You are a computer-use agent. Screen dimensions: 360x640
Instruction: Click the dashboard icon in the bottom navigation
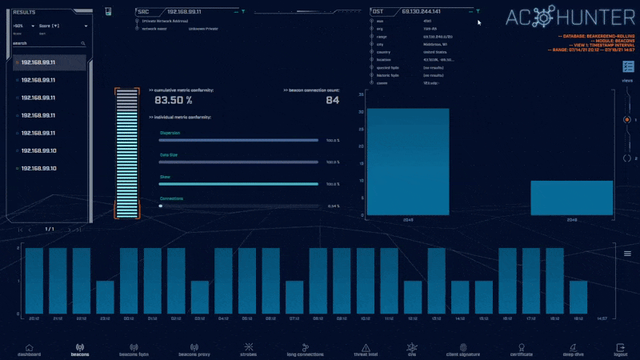click(29, 348)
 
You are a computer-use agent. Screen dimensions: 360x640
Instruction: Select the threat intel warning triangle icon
click(366, 348)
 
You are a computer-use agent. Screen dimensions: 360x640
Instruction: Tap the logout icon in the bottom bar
click(621, 348)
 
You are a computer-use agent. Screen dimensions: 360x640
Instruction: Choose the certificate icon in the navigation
click(521, 348)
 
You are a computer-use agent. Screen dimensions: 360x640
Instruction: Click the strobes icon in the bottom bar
click(249, 348)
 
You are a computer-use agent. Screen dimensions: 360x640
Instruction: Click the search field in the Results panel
click(48, 43)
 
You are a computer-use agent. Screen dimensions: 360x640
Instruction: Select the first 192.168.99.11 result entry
click(38, 62)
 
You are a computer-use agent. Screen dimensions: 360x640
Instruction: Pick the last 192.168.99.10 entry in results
click(38, 168)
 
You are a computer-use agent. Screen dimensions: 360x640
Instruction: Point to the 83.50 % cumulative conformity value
click(173, 101)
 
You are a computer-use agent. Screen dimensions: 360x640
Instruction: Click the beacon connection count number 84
click(332, 101)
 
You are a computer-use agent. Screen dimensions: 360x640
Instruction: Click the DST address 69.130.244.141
click(422, 12)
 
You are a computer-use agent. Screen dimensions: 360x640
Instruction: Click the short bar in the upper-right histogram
click(571, 198)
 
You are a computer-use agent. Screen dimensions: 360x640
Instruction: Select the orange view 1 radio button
click(626, 120)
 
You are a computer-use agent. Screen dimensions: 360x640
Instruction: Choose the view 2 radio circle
click(626, 158)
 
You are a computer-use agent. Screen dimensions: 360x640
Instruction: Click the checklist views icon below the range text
click(627, 69)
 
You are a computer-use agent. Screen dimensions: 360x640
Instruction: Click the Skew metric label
click(165, 177)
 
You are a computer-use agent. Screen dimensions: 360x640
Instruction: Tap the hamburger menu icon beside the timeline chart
click(627, 254)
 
